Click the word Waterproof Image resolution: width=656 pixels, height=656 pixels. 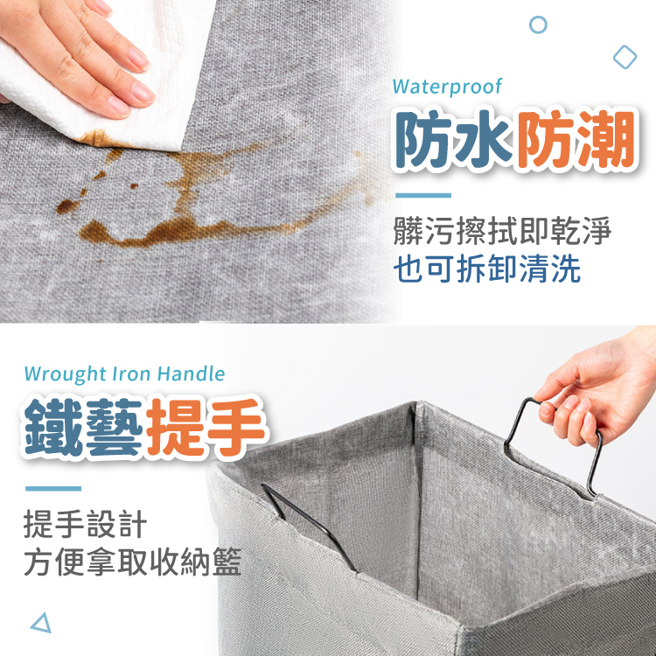point(447,87)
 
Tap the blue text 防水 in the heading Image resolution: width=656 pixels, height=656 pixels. point(454,139)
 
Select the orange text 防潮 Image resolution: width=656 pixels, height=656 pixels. point(576,139)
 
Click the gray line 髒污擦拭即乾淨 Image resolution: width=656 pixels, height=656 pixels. point(502,230)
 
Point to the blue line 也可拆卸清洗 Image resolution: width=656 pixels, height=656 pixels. point(487,269)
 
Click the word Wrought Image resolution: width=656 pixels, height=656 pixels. point(66,373)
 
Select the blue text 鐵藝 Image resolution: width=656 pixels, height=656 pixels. point(84,427)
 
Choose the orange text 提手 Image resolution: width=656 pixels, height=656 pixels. point(205,427)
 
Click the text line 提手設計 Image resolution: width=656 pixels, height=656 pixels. point(86,524)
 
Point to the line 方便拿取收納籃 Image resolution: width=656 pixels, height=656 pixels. point(132,562)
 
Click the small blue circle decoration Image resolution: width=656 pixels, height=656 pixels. point(538,24)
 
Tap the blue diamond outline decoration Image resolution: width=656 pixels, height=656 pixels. point(625,57)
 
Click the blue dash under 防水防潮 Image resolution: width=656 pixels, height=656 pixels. point(423,195)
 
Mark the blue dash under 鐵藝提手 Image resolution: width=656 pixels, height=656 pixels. point(53,488)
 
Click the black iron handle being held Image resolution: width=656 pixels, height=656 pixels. point(515,422)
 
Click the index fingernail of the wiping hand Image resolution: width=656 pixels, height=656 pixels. point(139,58)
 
